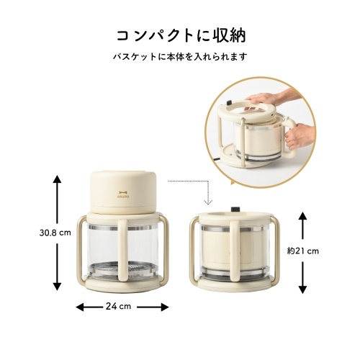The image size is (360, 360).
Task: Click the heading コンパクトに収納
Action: (181, 36)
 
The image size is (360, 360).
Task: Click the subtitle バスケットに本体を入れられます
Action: (180, 57)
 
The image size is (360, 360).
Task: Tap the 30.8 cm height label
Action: (55, 233)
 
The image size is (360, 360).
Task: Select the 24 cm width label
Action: (118, 307)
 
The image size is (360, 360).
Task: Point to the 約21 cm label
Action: (303, 251)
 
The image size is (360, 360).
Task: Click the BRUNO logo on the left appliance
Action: (123, 194)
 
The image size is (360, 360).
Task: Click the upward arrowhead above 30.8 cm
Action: (57, 179)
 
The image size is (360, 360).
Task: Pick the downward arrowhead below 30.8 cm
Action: (57, 287)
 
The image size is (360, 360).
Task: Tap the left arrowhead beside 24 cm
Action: (80, 307)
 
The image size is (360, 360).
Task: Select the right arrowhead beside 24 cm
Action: (165, 307)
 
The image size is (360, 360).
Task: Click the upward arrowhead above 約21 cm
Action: (302, 217)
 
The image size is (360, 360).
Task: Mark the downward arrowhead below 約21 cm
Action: (302, 289)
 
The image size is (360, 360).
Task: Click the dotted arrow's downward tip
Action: (208, 204)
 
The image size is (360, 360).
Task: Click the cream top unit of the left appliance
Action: (123, 192)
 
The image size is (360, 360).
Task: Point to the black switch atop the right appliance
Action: (235, 209)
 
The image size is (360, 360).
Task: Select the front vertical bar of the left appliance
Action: (122, 250)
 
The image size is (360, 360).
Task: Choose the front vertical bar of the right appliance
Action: (234, 250)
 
